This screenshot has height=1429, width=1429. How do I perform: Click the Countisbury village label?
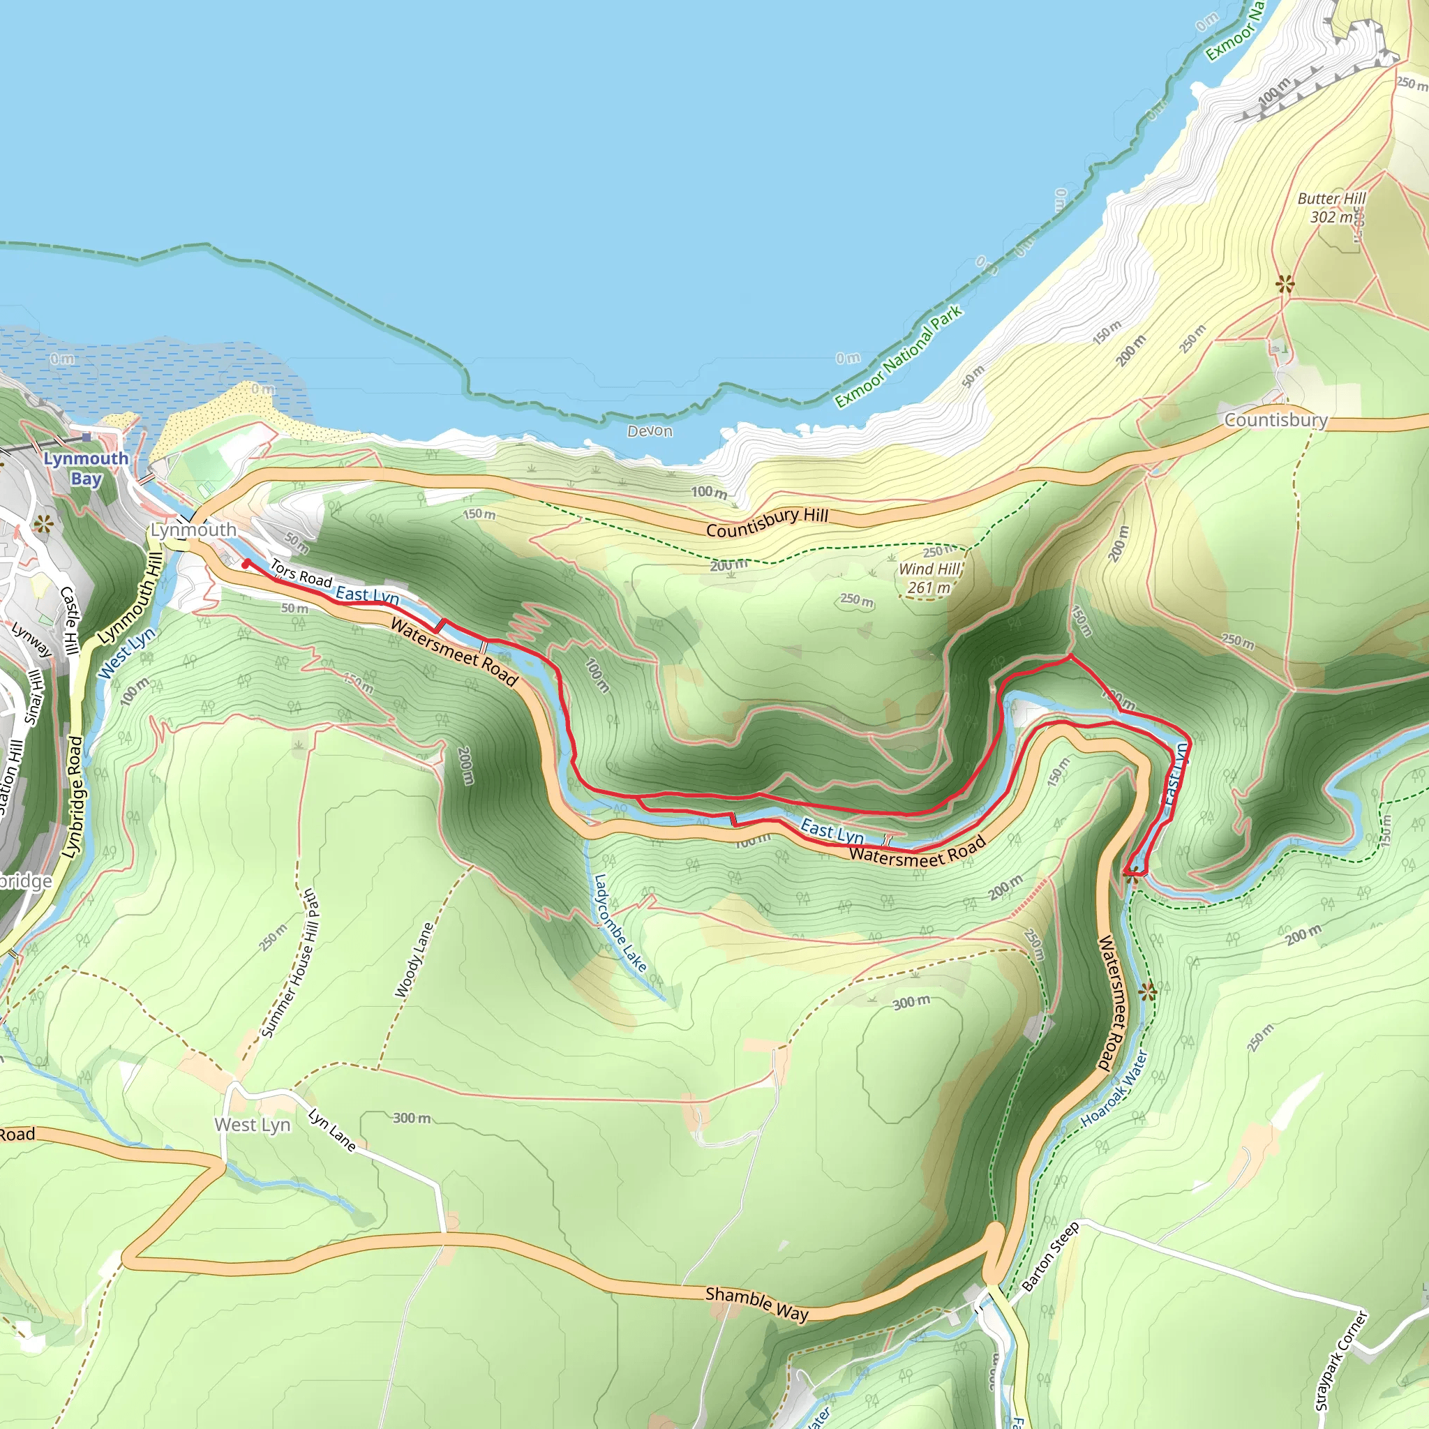1275,420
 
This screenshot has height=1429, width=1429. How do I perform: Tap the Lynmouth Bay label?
86,468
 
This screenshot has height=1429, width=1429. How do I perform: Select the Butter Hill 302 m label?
1331,208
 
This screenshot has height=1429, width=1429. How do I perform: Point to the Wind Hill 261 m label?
929,578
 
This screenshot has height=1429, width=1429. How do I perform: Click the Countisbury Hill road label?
767,523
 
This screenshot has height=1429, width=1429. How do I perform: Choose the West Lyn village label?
252,1124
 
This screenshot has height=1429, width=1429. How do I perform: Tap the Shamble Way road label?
756,1303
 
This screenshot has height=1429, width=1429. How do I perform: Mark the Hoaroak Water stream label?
1114,1088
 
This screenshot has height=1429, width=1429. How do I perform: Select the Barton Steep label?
1050,1257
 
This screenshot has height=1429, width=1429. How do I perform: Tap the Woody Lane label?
414,959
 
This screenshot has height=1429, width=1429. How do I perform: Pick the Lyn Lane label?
332,1130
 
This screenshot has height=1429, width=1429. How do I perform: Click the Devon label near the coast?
650,431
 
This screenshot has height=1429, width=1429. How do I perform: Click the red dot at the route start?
246,564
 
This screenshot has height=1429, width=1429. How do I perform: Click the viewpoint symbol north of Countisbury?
1285,283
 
